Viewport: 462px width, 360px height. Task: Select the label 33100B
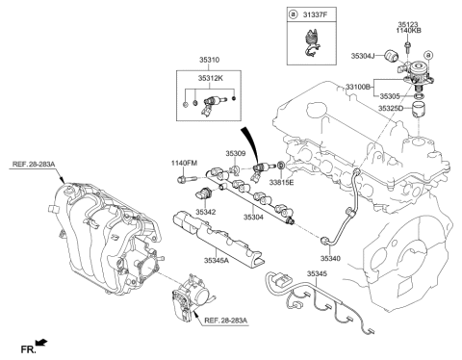click(x=354, y=86)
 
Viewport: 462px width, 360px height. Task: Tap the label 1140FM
click(x=184, y=164)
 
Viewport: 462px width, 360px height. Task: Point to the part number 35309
click(x=236, y=153)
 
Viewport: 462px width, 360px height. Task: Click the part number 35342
click(x=205, y=211)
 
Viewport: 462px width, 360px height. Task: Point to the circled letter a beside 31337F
click(x=294, y=16)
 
